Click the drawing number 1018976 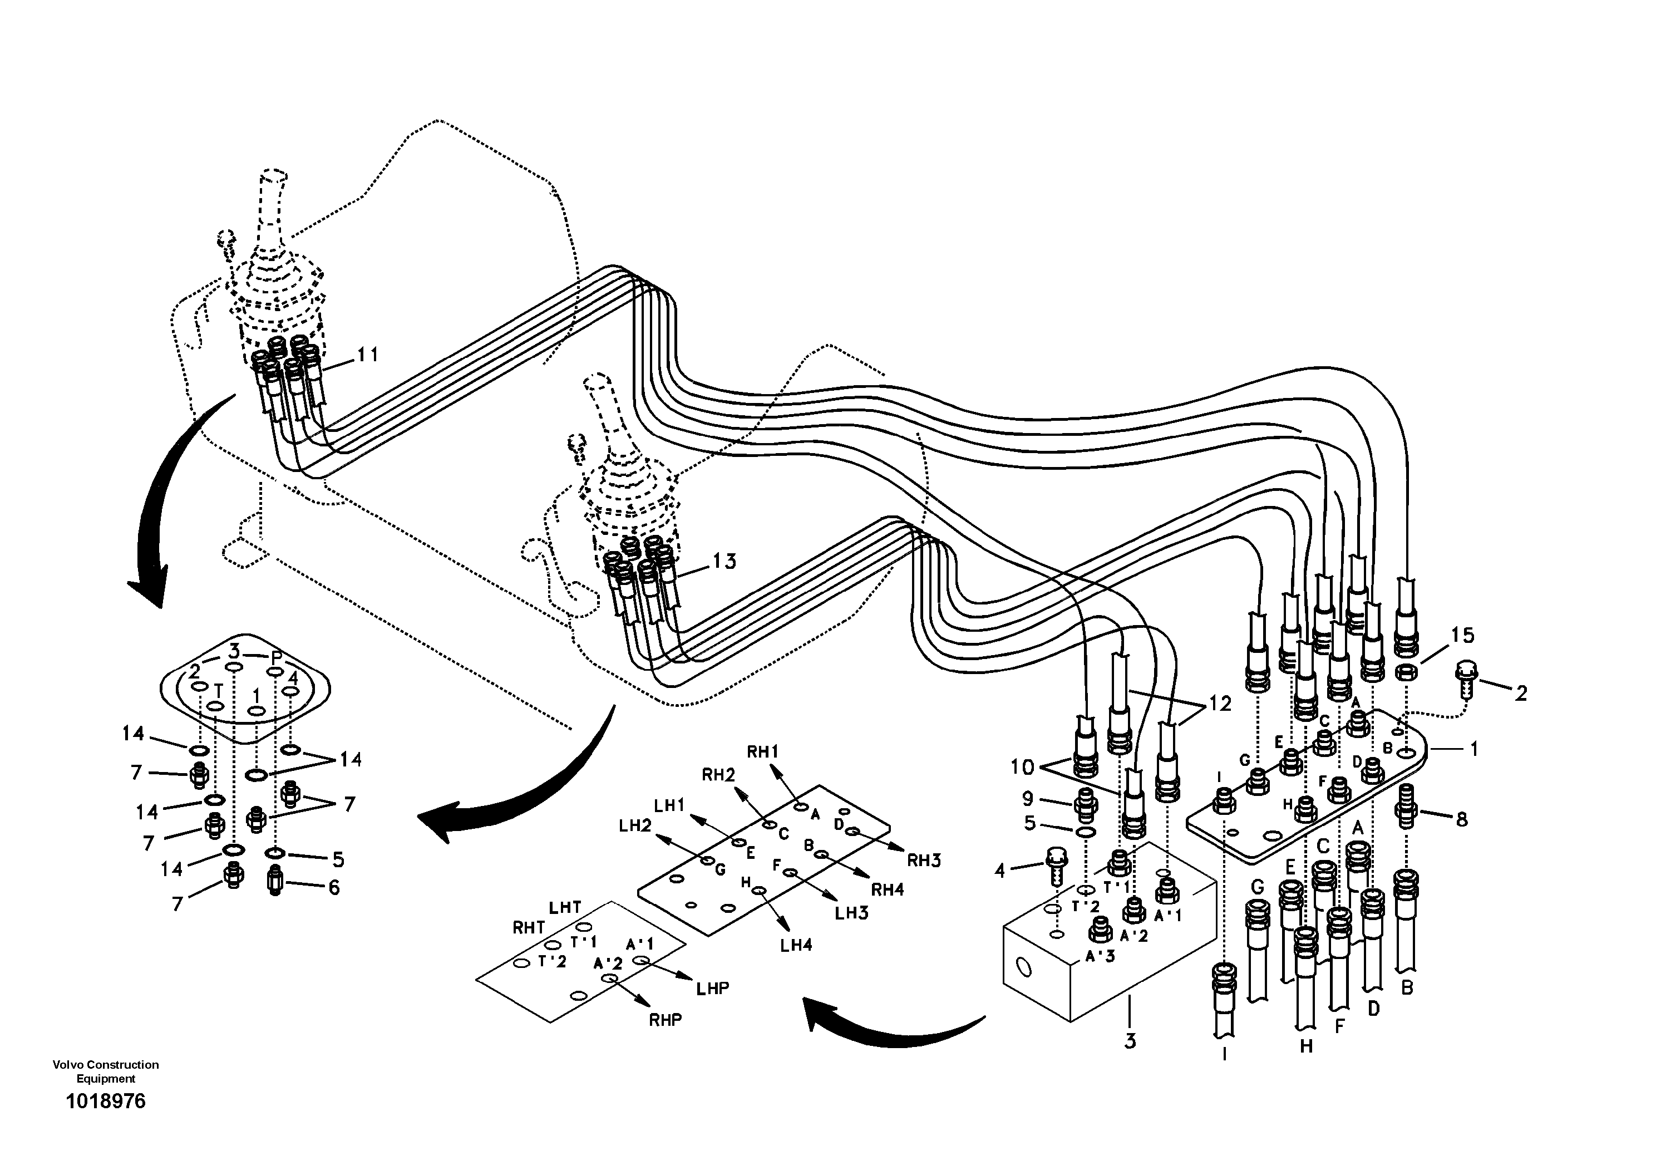[x=105, y=1102]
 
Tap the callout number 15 [x=1463, y=636]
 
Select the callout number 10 [x=1022, y=767]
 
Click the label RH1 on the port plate [x=762, y=751]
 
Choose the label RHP [x=664, y=1019]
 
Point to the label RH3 [x=924, y=860]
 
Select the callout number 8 [x=1461, y=819]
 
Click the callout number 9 [x=1027, y=799]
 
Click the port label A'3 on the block [x=1100, y=957]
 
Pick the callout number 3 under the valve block [x=1130, y=1041]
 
